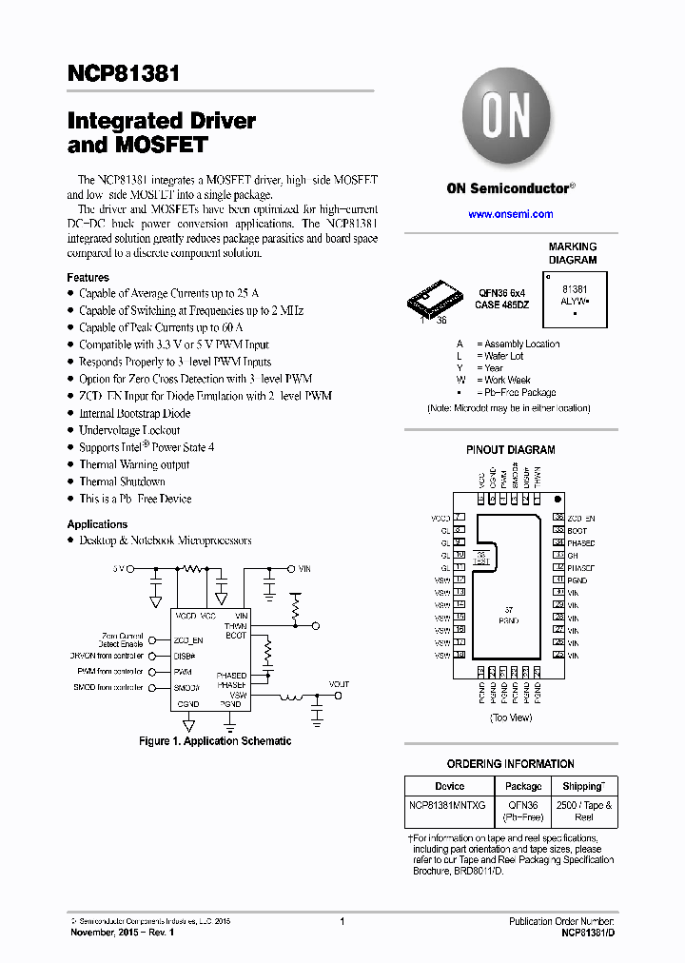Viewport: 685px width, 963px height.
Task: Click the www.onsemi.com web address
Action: point(511,214)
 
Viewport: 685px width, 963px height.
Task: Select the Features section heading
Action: point(88,277)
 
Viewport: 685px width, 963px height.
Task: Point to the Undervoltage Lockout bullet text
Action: point(129,430)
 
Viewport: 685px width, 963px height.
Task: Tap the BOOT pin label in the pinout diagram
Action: point(577,530)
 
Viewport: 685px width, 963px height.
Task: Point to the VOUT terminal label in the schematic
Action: point(339,684)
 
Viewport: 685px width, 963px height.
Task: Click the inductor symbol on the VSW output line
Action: point(290,697)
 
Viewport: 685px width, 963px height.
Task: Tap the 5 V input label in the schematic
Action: point(119,568)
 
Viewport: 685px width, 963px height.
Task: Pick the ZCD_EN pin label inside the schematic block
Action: point(189,640)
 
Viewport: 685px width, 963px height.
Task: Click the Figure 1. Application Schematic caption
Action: point(215,741)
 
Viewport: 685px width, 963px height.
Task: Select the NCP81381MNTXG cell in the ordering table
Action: point(448,805)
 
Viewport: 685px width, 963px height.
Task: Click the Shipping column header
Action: point(582,786)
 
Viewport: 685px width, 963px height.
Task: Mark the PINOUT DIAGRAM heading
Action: point(510,449)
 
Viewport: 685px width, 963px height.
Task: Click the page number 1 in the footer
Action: point(342,921)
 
